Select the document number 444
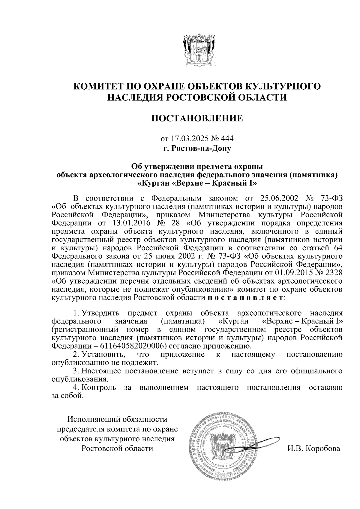click(x=227, y=139)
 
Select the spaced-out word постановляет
click(x=245, y=298)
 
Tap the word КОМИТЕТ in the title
click(x=97, y=86)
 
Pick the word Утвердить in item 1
click(x=101, y=314)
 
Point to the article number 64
click(x=336, y=248)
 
